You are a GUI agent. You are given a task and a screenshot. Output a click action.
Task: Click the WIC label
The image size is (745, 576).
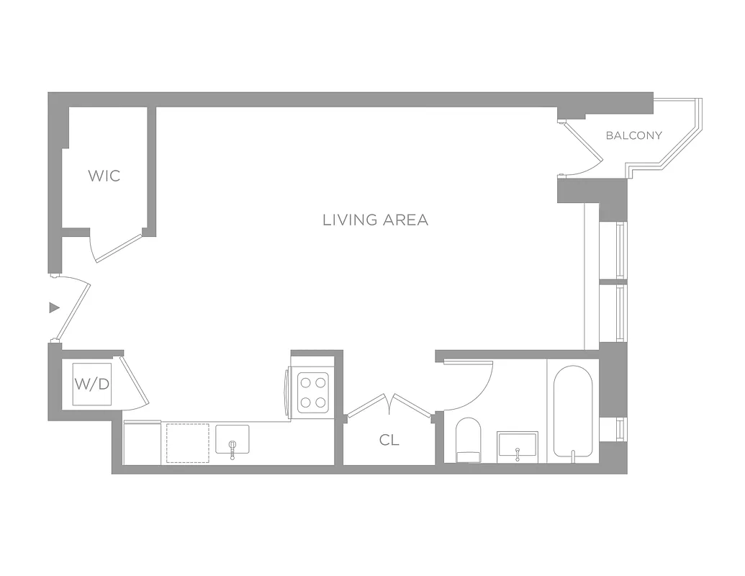tap(104, 176)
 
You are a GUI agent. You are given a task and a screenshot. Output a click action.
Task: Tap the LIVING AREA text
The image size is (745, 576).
tap(375, 220)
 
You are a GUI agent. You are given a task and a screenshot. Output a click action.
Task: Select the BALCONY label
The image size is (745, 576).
tap(633, 135)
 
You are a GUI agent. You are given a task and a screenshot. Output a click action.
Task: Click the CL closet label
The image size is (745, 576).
tap(389, 441)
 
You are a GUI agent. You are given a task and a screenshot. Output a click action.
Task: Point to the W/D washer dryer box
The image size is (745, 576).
tap(92, 384)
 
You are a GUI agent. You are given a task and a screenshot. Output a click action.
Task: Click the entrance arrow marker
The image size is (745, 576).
tap(53, 308)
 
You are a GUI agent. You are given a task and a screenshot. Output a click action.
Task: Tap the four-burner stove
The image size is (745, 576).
tap(313, 392)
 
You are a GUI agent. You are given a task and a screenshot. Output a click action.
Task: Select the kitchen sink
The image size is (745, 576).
tap(232, 440)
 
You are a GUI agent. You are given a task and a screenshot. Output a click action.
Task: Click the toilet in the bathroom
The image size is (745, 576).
tap(471, 439)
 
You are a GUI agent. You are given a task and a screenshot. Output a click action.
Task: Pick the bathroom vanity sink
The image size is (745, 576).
tap(517, 447)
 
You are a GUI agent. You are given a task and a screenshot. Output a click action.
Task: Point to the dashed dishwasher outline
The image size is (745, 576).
tap(188, 444)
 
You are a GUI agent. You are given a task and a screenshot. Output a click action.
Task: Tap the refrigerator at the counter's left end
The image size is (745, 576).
tap(142, 444)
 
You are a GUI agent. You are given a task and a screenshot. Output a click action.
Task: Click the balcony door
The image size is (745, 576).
tap(582, 148)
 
